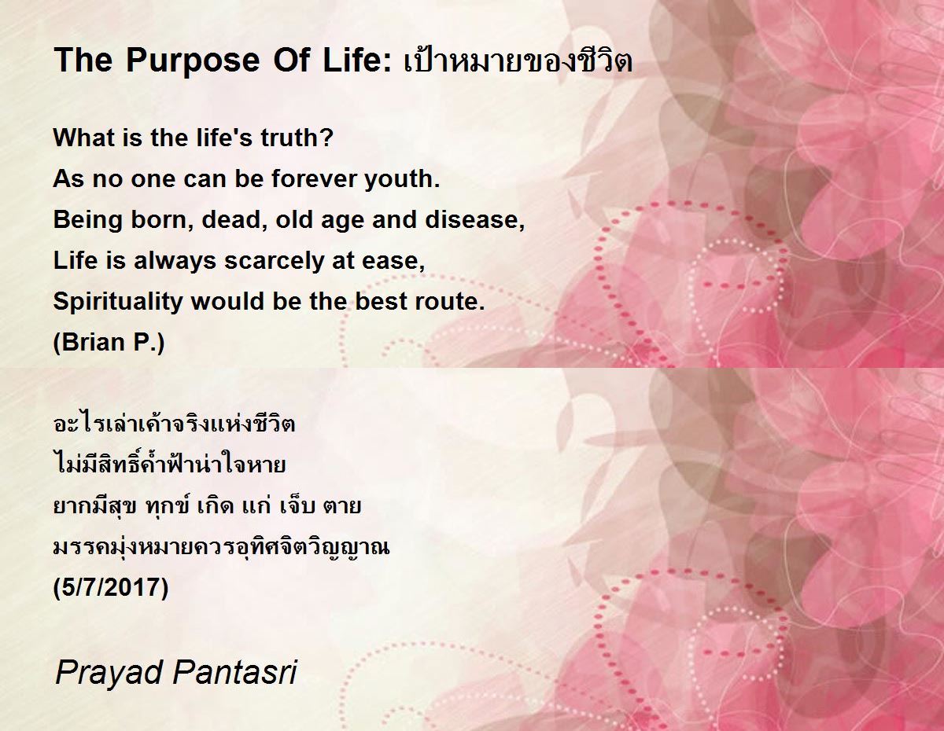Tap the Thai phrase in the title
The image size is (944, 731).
[518, 60]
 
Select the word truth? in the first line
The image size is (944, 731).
[297, 138]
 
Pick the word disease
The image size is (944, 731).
[475, 220]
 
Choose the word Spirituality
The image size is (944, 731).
[118, 302]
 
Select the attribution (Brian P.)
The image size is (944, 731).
[109, 343]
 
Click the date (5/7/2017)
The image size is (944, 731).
[111, 588]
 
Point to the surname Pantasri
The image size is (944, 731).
[235, 672]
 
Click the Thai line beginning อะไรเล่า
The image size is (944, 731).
[174, 423]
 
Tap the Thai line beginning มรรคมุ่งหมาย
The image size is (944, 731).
[221, 546]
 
